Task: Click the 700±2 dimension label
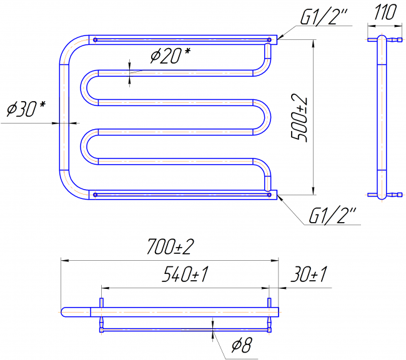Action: (171, 246)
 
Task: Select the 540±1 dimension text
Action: (186, 274)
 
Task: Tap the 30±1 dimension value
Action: (309, 274)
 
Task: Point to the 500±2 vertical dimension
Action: (299, 118)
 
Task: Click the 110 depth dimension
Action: (385, 12)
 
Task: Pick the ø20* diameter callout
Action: (171, 56)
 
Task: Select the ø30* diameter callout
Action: (26, 109)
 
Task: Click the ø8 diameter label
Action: (242, 345)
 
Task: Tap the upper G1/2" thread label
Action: (323, 17)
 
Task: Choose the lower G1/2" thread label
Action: (332, 215)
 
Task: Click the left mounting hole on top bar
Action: (95, 40)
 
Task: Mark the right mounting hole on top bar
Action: (269, 40)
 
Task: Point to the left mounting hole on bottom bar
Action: (95, 195)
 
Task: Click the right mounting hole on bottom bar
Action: (269, 195)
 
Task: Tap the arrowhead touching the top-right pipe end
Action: (280, 37)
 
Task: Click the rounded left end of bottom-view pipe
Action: (64, 312)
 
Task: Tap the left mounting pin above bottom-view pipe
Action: (101, 303)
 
